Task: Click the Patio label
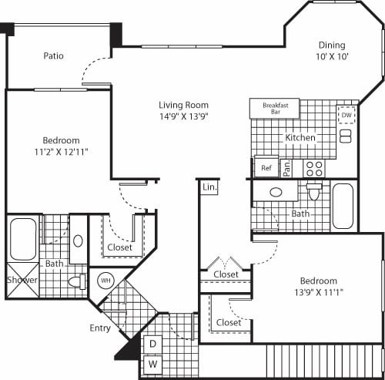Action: coord(53,55)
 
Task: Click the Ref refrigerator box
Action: coord(266,167)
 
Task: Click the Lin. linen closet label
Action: coord(209,187)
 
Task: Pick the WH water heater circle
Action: coord(105,280)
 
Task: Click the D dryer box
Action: coord(153,343)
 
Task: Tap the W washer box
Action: coord(153,363)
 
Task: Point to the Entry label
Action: coord(100,328)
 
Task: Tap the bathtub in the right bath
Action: coord(343,206)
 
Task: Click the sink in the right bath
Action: coord(275,192)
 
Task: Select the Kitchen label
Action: coord(300,137)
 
